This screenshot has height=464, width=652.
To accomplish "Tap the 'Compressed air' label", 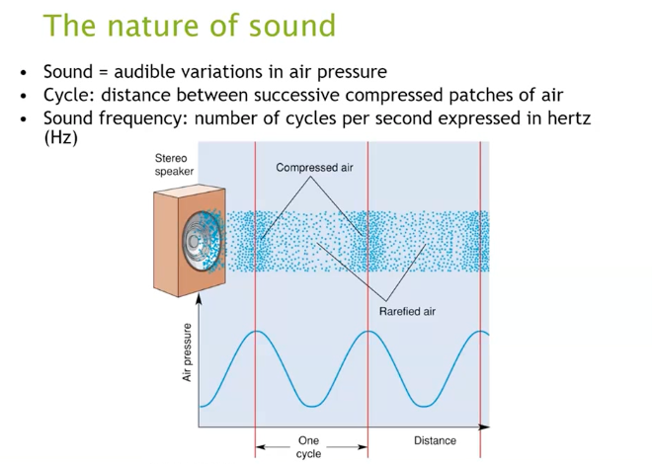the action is [314, 168].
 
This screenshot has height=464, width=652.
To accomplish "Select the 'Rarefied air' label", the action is [407, 312].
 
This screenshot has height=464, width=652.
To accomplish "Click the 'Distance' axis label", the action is [435, 440].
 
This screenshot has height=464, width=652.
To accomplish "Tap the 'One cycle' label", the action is [308, 447].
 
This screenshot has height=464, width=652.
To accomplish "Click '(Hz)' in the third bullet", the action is [60, 138].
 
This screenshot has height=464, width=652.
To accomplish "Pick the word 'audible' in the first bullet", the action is [144, 72].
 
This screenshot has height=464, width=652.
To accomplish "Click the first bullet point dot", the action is [23, 73].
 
